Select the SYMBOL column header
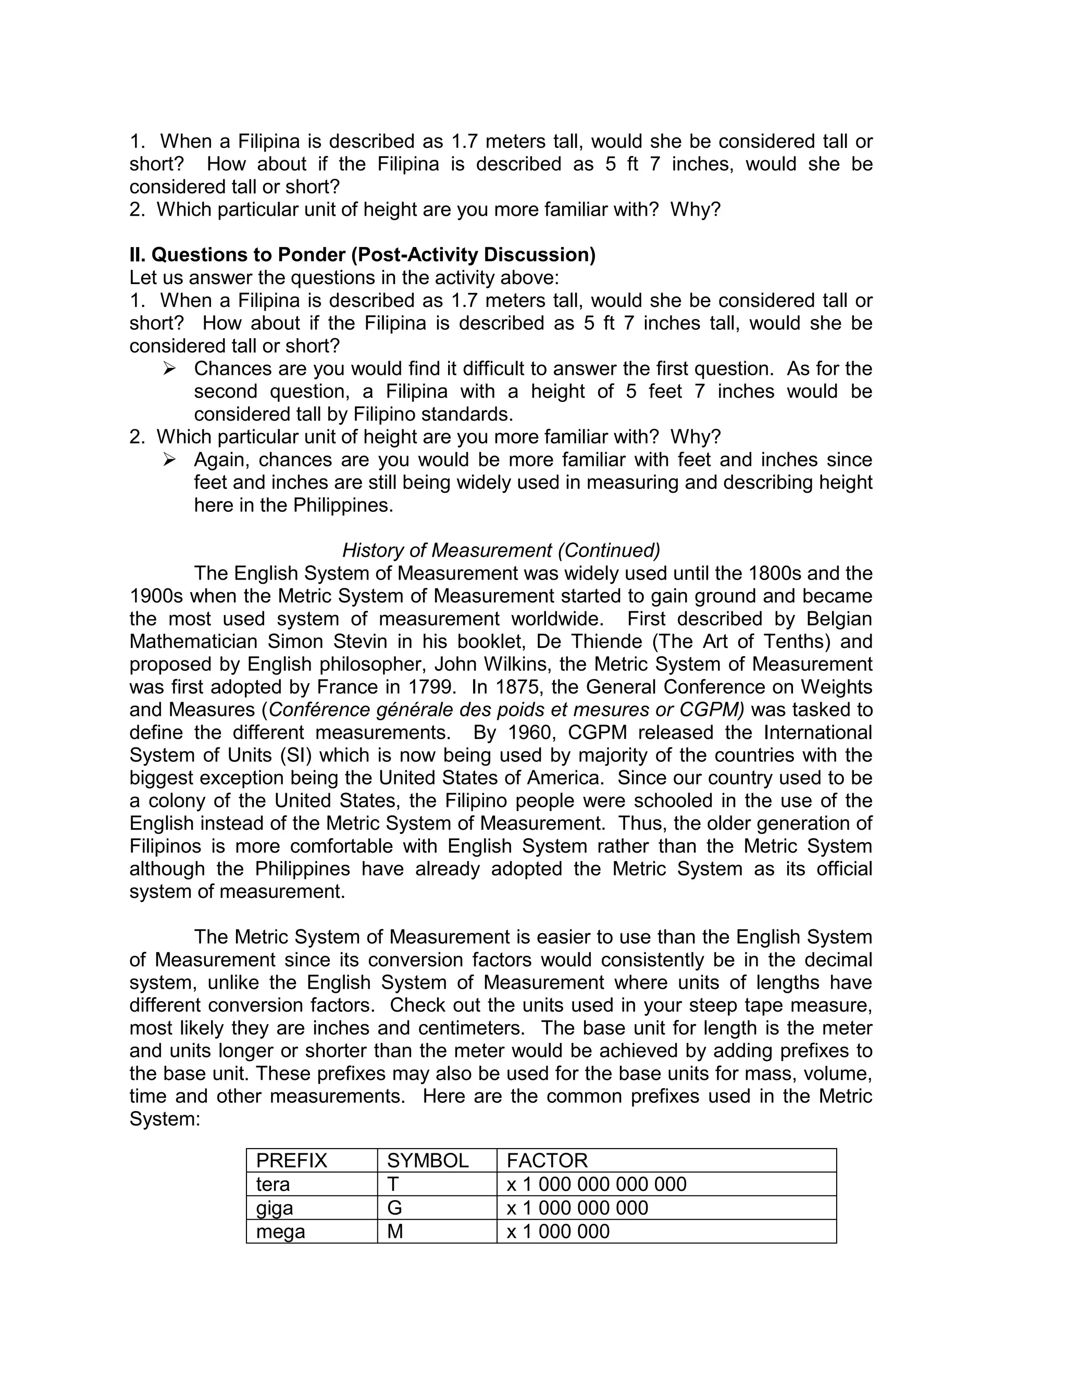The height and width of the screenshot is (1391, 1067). click(x=427, y=1161)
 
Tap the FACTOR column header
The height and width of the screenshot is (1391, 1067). click(x=547, y=1161)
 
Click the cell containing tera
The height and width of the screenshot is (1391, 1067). click(x=272, y=1184)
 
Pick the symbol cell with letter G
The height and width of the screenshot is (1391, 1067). click(x=394, y=1208)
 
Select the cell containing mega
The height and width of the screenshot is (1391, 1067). click(x=280, y=1232)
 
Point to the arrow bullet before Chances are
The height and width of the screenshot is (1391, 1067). click(x=169, y=368)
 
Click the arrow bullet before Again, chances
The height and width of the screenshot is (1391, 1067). click(x=169, y=459)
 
